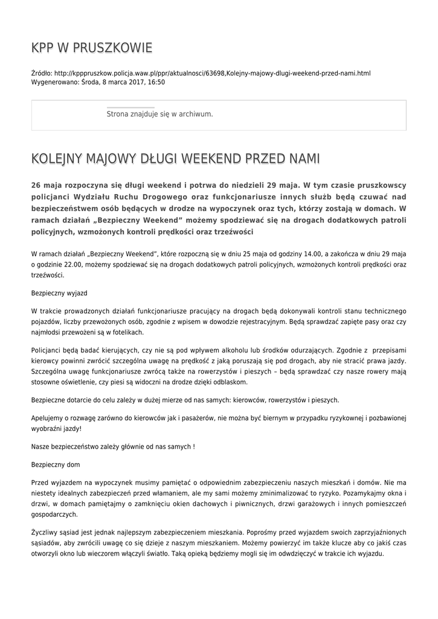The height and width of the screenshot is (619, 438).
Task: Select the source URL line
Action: (x=201, y=73)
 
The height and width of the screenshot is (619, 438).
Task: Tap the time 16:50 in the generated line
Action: (x=156, y=82)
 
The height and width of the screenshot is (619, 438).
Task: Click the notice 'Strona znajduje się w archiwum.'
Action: (x=159, y=114)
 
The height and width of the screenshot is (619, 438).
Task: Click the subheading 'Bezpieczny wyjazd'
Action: (x=59, y=293)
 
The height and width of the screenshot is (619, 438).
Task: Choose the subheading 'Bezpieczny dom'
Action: (x=55, y=464)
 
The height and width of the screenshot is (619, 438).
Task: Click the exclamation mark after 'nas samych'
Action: (x=193, y=447)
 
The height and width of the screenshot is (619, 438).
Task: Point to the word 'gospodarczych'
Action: (x=54, y=514)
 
